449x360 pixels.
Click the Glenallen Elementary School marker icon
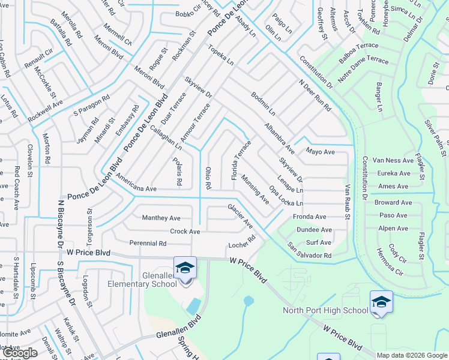coord(185,268)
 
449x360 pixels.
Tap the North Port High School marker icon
coord(381,301)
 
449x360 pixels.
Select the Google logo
coord(20,353)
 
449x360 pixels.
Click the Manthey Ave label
coord(161,218)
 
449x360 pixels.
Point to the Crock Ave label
coord(185,231)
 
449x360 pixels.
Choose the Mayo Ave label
coord(320,152)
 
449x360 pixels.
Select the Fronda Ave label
coord(309,217)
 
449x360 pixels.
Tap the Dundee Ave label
coord(314,230)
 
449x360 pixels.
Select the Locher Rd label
coord(242,242)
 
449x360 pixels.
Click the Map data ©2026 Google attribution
coord(411,355)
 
